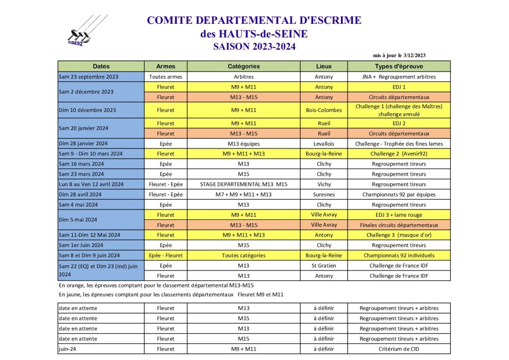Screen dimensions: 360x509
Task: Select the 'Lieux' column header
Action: pyautogui.click(x=324, y=66)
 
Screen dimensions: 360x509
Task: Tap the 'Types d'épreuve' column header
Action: pyautogui.click(x=399, y=66)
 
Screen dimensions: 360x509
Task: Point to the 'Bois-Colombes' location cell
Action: pyautogui.click(x=324, y=110)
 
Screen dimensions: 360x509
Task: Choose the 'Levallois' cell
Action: pyautogui.click(x=324, y=144)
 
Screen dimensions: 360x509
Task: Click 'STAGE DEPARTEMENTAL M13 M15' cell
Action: pyautogui.click(x=244, y=184)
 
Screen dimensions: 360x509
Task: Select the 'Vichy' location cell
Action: pyautogui.click(x=324, y=184)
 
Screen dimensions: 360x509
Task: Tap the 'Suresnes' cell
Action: pyautogui.click(x=324, y=194)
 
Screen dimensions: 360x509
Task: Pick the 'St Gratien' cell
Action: pyautogui.click(x=324, y=266)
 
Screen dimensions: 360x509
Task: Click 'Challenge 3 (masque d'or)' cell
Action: pyautogui.click(x=399, y=235)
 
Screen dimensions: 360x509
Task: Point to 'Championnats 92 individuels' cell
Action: pyautogui.click(x=399, y=256)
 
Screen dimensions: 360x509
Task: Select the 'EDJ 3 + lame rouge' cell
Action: pyautogui.click(x=399, y=215)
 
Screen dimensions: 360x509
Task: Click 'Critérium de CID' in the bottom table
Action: pyautogui.click(x=399, y=349)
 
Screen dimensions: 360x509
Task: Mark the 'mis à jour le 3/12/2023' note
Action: pyautogui.click(x=399, y=55)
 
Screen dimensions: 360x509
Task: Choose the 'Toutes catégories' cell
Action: pyautogui.click(x=244, y=256)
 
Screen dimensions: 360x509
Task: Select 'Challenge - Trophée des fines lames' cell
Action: pyautogui.click(x=399, y=144)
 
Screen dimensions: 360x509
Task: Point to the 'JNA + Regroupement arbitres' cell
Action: pyautogui.click(x=399, y=77)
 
